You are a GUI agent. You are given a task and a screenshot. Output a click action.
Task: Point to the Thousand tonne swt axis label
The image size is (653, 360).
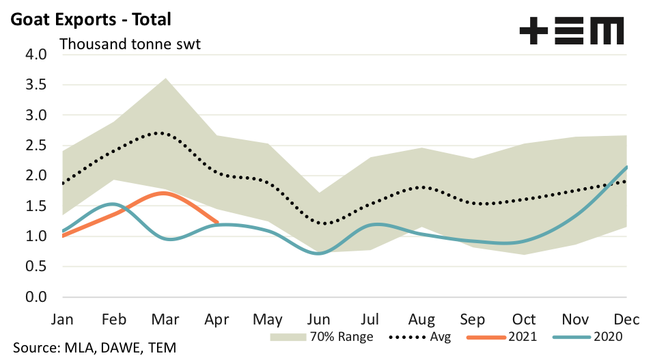(x=134, y=44)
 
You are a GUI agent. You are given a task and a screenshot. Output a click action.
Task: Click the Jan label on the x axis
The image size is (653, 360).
(x=62, y=319)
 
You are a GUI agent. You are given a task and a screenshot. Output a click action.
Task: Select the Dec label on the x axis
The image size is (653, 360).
(x=626, y=319)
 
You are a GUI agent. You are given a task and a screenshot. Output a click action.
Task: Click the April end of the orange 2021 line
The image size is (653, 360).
(x=217, y=222)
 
